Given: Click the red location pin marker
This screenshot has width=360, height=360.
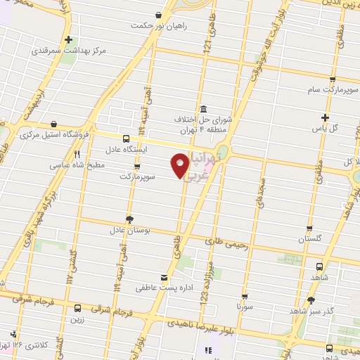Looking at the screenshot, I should pos(180,165).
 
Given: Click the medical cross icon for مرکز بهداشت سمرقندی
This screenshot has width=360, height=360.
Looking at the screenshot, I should pos(68,40).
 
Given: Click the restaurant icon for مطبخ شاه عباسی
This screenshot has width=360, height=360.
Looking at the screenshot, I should pos(78,155).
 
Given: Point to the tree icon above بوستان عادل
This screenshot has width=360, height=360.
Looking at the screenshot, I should pos(129,219).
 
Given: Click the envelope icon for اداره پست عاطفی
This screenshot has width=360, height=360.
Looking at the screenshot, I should pos(164,277).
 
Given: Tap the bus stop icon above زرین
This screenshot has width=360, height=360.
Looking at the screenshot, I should pos(77,308).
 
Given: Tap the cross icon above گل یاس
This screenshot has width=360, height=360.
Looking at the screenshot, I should pos(324,117).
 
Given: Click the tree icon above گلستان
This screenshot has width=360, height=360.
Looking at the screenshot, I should pos(310,229).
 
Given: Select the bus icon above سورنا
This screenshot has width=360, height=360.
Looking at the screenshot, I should pos(245,297).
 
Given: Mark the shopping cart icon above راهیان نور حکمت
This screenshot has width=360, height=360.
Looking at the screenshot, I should pos(160,15).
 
